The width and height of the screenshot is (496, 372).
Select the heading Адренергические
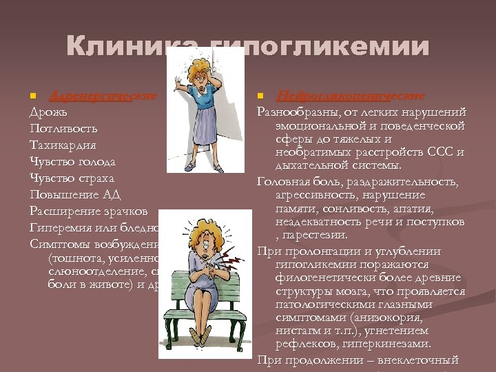(103, 94)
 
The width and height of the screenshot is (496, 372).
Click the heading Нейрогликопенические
(351, 94)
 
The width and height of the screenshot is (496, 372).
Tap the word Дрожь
(48, 111)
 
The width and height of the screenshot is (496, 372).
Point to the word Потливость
(63, 128)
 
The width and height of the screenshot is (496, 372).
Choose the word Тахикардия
(63, 145)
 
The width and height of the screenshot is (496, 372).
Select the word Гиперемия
(61, 227)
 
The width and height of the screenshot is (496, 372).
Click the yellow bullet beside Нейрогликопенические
(260, 94)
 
